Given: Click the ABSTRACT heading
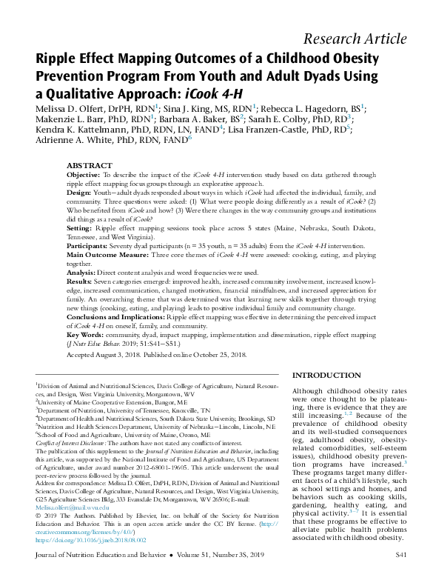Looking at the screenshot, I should coord(90,165).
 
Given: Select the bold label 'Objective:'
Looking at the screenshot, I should coord(83,175).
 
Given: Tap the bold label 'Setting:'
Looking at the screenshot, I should coord(79,229).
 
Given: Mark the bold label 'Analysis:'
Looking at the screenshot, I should coord(81,273).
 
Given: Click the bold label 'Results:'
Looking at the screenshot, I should coord(80,282).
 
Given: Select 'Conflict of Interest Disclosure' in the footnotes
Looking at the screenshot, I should coord(74,441).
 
